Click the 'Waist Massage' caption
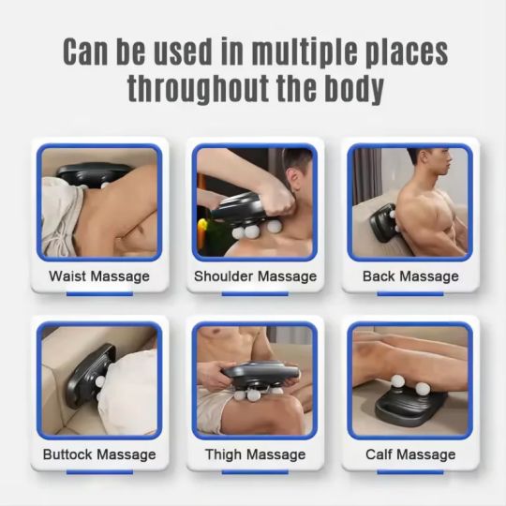coord(99,276)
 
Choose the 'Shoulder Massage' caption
coord(255,276)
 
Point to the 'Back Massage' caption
coord(410,276)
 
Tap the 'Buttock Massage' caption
coord(99,454)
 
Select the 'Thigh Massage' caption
coord(255,454)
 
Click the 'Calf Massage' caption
coord(410,454)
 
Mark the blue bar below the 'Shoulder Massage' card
coord(255,293)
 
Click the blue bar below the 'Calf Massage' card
coord(410,471)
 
